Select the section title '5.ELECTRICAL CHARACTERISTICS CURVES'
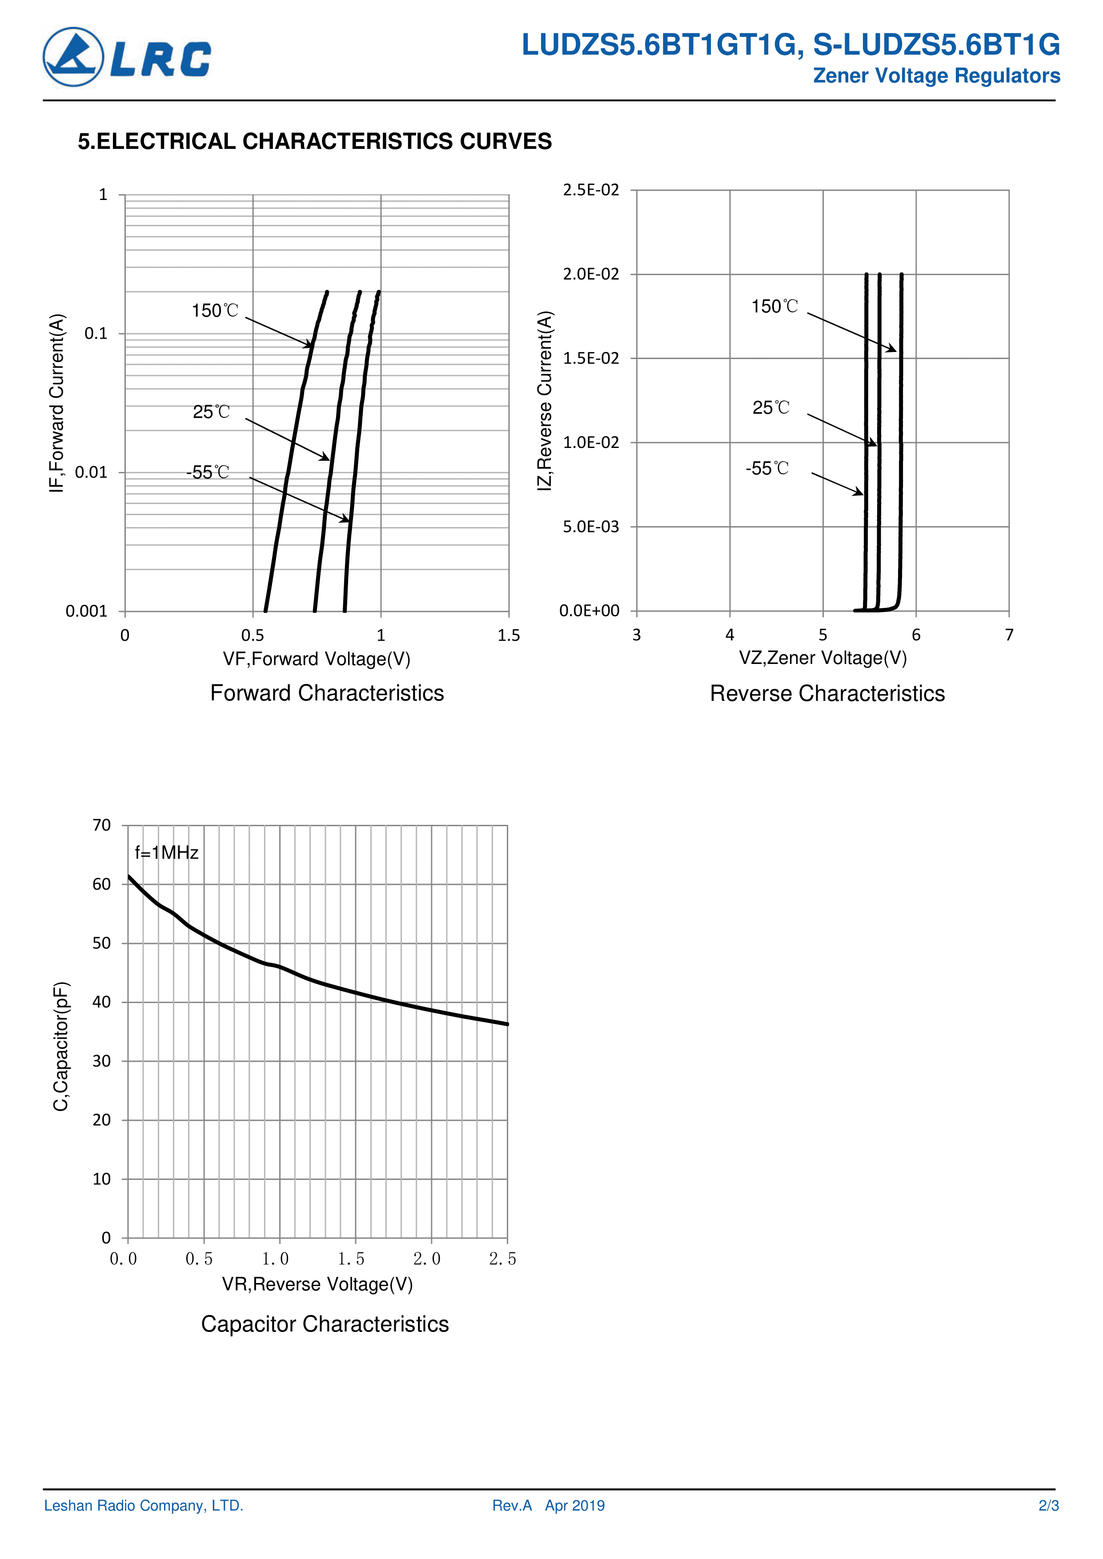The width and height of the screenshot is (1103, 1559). (314, 141)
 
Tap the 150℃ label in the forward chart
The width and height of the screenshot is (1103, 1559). (215, 311)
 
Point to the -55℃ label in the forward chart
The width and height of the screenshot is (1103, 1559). (208, 472)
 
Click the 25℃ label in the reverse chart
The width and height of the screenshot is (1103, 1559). (771, 408)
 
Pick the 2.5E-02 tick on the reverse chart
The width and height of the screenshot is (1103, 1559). (591, 190)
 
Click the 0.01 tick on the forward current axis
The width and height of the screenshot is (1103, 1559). (91, 472)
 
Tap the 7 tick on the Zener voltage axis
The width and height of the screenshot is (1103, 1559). (1009, 635)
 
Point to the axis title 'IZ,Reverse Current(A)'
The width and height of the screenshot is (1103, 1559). (545, 400)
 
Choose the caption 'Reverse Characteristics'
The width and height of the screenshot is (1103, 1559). (827, 693)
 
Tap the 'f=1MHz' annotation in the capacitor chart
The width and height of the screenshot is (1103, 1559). (166, 853)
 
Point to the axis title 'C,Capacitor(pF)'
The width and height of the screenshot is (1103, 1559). (61, 1046)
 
